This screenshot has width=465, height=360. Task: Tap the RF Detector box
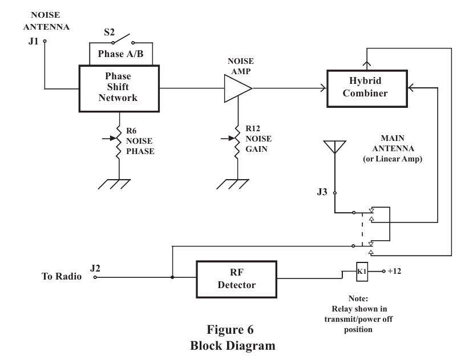point(236,278)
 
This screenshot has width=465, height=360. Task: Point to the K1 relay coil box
point(361,271)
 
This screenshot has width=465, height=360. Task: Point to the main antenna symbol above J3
point(335,149)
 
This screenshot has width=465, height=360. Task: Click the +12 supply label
point(394,271)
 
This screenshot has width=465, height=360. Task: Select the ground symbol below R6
point(119,184)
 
